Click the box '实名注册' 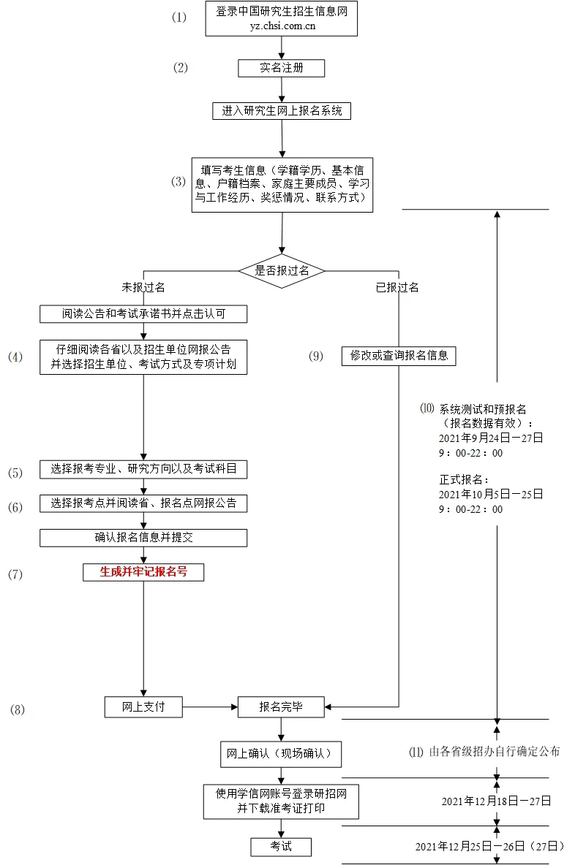282,68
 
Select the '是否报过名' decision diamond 282,270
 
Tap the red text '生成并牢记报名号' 143,572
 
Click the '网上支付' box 143,706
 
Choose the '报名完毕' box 282,706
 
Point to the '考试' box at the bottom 281,846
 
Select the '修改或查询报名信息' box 399,356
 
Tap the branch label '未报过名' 143,287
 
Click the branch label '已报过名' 397,287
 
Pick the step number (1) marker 179,18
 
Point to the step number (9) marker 315,357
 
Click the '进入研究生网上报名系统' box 282,111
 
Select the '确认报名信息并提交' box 143,538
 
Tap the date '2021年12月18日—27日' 496,801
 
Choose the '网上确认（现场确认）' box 282,755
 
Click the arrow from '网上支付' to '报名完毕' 210,706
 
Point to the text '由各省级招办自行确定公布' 494,751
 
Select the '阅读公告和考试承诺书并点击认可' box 143,314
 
